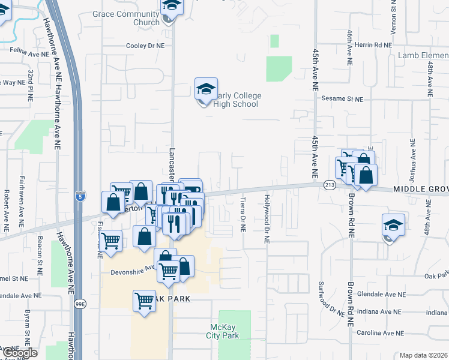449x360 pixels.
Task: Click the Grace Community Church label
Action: (126, 18)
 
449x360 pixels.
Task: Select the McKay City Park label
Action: (225, 331)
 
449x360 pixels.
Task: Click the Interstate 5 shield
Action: (81, 196)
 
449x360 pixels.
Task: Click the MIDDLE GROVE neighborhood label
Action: (420, 189)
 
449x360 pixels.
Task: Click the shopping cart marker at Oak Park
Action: (144, 299)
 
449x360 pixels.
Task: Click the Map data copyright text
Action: (424, 355)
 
